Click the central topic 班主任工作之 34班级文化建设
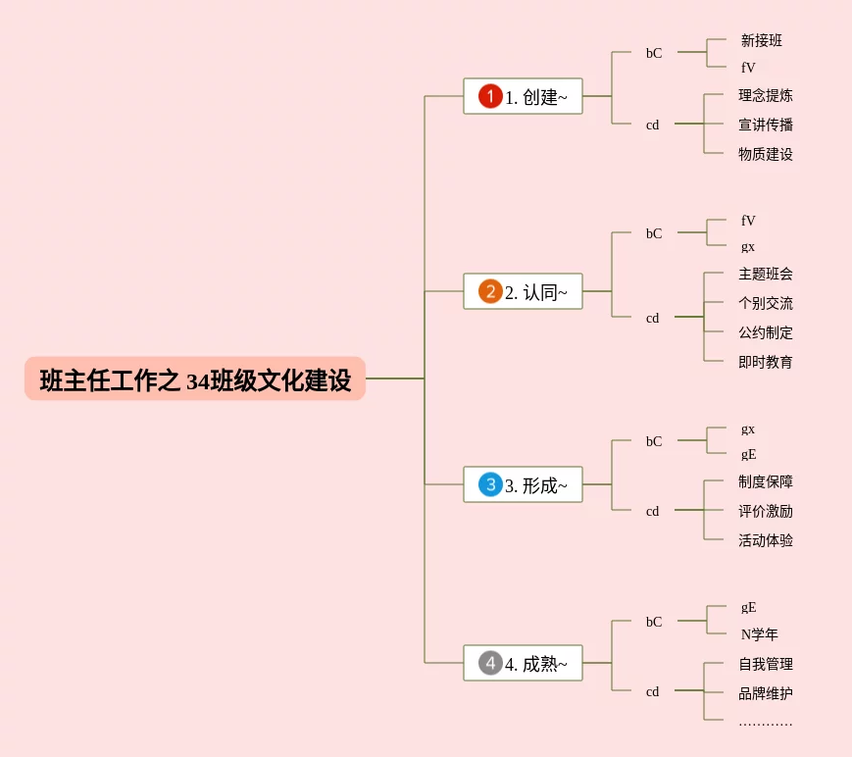[195, 379]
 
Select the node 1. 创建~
[523, 97]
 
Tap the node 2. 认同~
[523, 292]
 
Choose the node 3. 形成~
[523, 485]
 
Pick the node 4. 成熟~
[523, 664]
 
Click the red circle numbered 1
[490, 96]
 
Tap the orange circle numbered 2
[490, 291]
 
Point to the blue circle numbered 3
[490, 484]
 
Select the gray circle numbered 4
[490, 663]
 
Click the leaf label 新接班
[762, 41]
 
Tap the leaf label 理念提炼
[766, 96]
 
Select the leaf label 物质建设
[766, 155]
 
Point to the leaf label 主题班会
[766, 275]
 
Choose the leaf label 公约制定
[766, 333]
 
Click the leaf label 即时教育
[766, 363]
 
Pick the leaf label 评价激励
[766, 512]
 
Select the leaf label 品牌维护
[766, 694]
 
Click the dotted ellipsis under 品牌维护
[766, 724]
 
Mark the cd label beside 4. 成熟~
[652, 692]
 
